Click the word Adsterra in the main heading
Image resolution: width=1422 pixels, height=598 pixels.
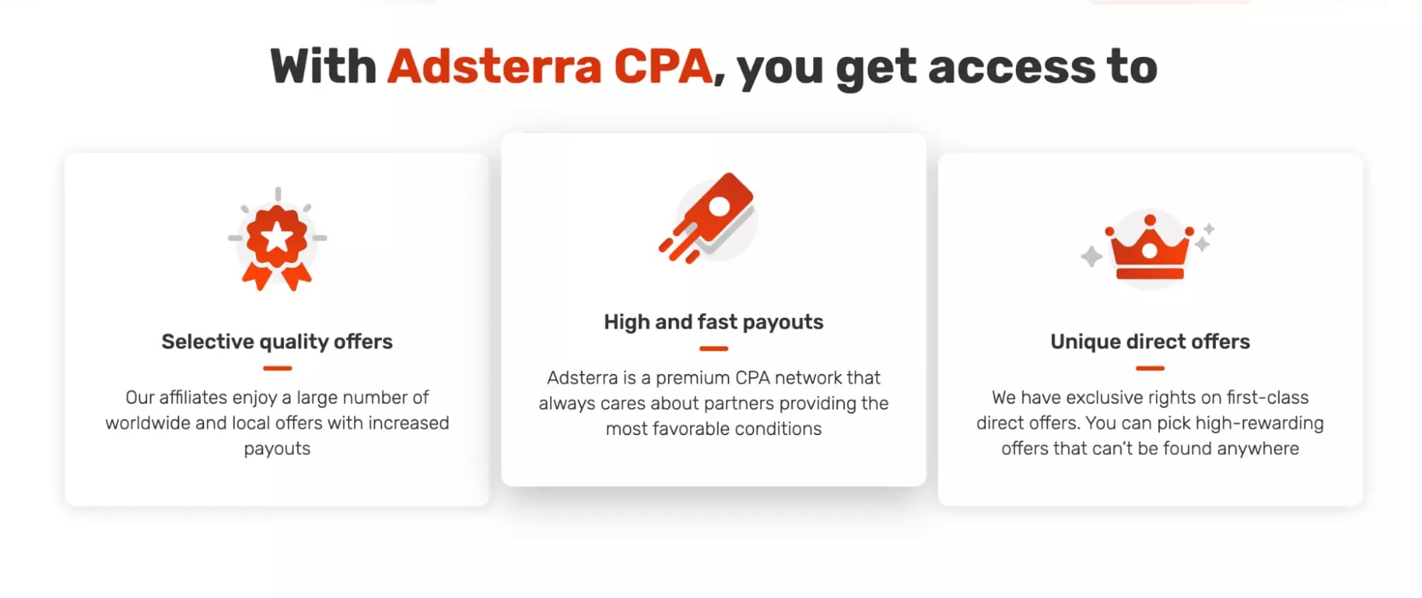(494, 67)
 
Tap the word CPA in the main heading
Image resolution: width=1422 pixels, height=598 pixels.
(662, 67)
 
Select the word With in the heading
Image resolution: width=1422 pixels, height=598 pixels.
(324, 67)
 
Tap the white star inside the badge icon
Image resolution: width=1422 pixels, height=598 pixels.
(277, 237)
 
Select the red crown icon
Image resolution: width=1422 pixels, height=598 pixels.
(1150, 249)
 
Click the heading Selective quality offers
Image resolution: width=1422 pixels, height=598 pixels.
(277, 342)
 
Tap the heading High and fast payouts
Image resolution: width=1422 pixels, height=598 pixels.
(713, 322)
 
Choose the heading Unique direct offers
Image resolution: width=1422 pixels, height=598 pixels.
(1150, 342)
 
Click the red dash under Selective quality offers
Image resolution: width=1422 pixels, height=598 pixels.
(277, 368)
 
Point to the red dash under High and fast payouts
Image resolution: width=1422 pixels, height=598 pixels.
(713, 348)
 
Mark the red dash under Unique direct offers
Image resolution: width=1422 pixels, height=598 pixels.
(1150, 368)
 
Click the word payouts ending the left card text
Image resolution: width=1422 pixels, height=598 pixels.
(277, 449)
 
